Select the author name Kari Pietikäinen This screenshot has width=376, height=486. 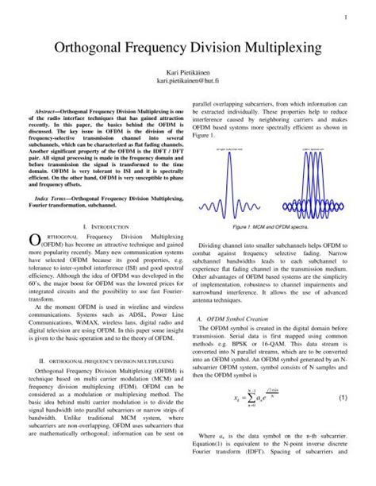(188, 71)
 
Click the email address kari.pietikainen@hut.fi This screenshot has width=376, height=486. (188, 81)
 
